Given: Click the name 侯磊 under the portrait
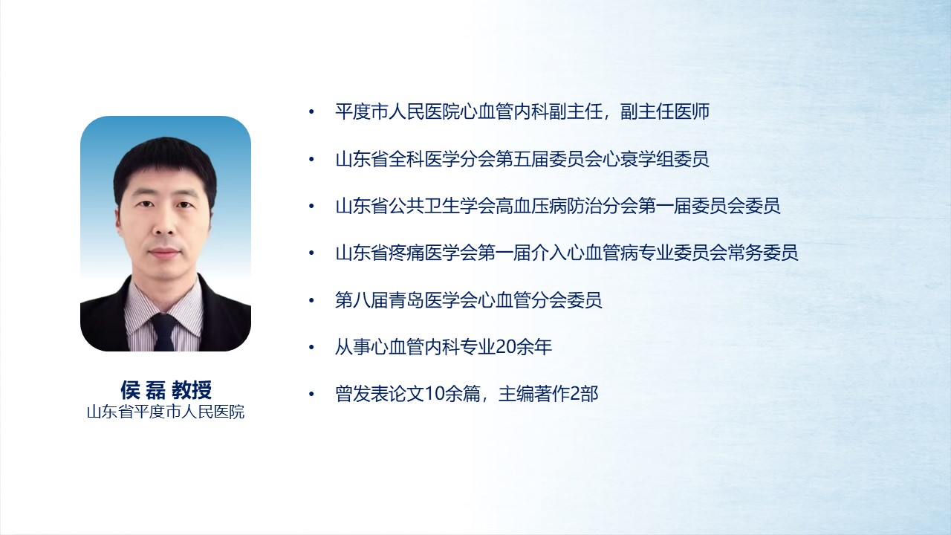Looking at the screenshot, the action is click(x=143, y=390).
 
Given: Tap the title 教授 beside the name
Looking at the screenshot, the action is click(x=192, y=390).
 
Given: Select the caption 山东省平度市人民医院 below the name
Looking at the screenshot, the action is click(x=166, y=412).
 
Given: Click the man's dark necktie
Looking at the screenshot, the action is click(x=164, y=332).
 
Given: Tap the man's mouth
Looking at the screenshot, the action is click(x=164, y=253).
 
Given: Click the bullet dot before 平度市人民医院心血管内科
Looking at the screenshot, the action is click(x=311, y=112).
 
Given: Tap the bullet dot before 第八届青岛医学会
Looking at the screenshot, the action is click(x=311, y=301).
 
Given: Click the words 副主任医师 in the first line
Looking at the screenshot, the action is click(x=665, y=111).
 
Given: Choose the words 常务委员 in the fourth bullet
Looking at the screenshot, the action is click(x=763, y=253).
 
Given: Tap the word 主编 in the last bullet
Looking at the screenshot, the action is click(x=516, y=394).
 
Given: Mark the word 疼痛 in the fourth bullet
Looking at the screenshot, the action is click(x=406, y=253).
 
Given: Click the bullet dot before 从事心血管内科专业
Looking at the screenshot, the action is click(x=311, y=348).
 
